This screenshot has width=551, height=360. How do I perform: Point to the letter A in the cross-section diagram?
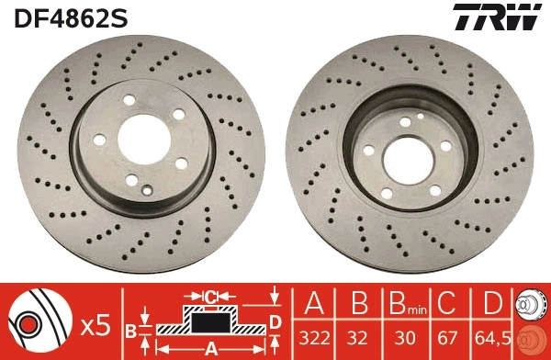tap(209, 347)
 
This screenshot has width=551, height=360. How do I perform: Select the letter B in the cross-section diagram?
tap(130, 329)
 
